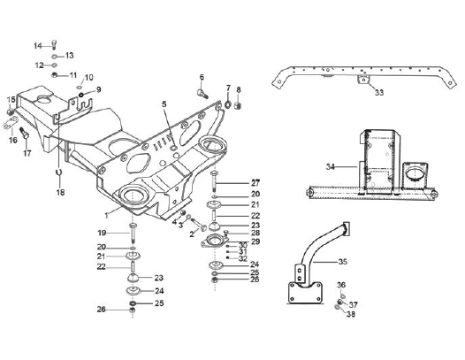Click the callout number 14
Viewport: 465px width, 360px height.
(x=38, y=46)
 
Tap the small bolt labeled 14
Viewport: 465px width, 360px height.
(x=54, y=44)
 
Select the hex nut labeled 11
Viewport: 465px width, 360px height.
(x=54, y=75)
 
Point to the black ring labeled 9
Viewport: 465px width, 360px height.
(x=80, y=95)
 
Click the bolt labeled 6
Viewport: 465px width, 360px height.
(x=202, y=94)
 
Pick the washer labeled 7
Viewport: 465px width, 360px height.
(x=228, y=104)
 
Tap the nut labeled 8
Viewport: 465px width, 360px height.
(x=237, y=105)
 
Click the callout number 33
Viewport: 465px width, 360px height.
(x=379, y=93)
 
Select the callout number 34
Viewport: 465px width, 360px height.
(x=331, y=167)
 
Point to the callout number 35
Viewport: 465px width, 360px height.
(x=342, y=262)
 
